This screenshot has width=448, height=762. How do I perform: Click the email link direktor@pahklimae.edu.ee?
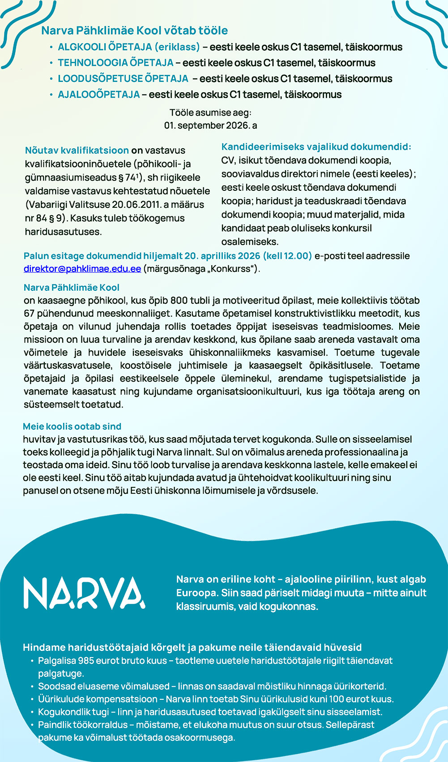pyautogui.click(x=82, y=269)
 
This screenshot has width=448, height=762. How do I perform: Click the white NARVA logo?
pyautogui.click(x=84, y=593)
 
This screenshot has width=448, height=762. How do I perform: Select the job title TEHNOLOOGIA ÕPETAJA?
pyautogui.click(x=115, y=63)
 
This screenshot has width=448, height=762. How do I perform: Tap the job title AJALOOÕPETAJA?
pyautogui.click(x=98, y=95)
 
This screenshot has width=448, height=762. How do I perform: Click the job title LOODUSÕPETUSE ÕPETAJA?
pyautogui.click(x=123, y=79)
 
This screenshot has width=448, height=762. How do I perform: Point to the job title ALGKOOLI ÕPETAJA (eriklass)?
pyautogui.click(x=128, y=47)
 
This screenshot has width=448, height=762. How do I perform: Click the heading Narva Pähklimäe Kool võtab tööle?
pyautogui.click(x=134, y=30)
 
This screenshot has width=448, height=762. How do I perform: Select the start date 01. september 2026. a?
pyautogui.click(x=210, y=125)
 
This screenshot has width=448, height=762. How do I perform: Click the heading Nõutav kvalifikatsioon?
pyautogui.click(x=77, y=150)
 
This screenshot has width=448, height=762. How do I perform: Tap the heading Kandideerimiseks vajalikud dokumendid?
pyautogui.click(x=316, y=146)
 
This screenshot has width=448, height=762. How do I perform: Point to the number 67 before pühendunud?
pyautogui.click(x=29, y=313)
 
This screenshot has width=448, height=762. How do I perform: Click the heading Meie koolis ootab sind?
pyautogui.click(x=72, y=426)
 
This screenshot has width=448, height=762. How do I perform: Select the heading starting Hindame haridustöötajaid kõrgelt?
pyautogui.click(x=192, y=647)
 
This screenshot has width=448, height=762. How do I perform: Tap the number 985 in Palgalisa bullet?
pyautogui.click(x=86, y=660)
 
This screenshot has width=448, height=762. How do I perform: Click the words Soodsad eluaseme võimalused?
pyautogui.click(x=104, y=686)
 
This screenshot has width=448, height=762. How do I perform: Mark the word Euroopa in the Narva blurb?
pyautogui.click(x=196, y=593)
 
